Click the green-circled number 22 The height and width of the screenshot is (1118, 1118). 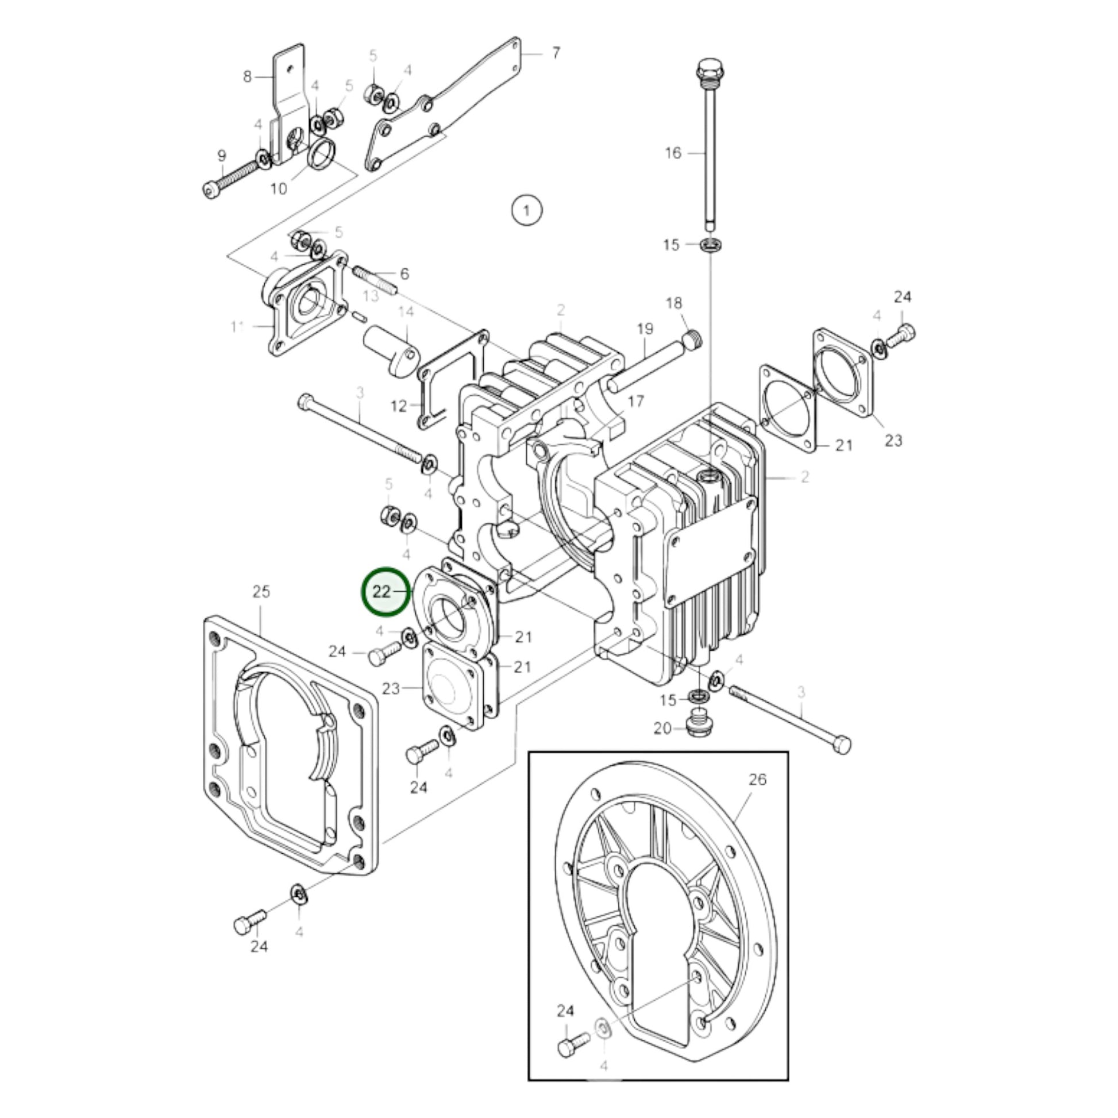[383, 591]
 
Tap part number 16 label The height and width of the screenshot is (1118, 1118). [673, 153]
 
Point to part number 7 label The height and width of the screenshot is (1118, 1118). [556, 53]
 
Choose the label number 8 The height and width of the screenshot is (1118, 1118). [248, 76]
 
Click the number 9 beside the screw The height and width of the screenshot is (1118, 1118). [222, 156]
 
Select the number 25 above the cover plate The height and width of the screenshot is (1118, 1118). [261, 591]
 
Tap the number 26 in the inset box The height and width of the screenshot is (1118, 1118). [757, 780]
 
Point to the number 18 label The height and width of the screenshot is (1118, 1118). [673, 303]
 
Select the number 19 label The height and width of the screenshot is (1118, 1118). [645, 329]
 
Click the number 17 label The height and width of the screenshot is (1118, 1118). [635, 401]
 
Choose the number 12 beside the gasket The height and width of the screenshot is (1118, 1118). [399, 406]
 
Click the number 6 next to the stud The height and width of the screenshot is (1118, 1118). [404, 273]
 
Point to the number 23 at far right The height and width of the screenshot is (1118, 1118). [893, 441]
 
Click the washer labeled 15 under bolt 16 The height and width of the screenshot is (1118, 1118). [711, 244]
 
